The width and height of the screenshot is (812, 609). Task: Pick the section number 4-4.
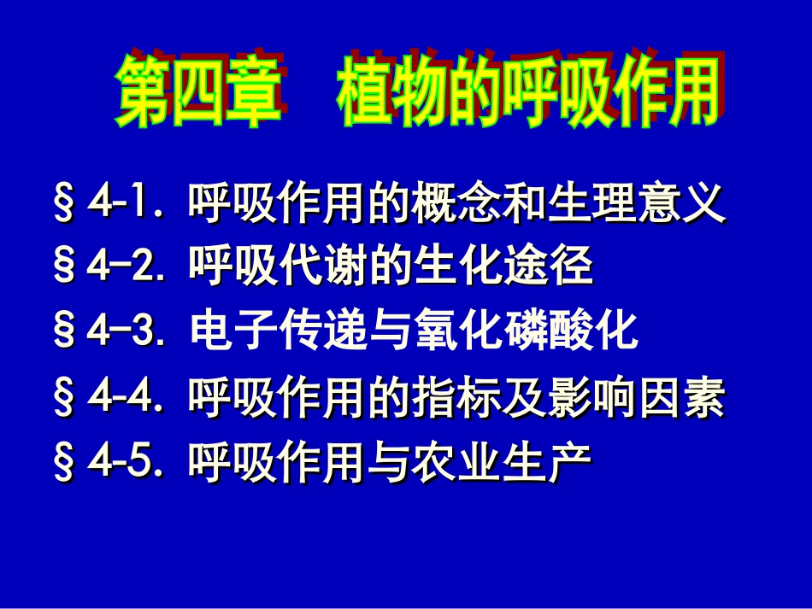click(122, 399)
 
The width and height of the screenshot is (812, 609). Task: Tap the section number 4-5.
click(122, 463)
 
